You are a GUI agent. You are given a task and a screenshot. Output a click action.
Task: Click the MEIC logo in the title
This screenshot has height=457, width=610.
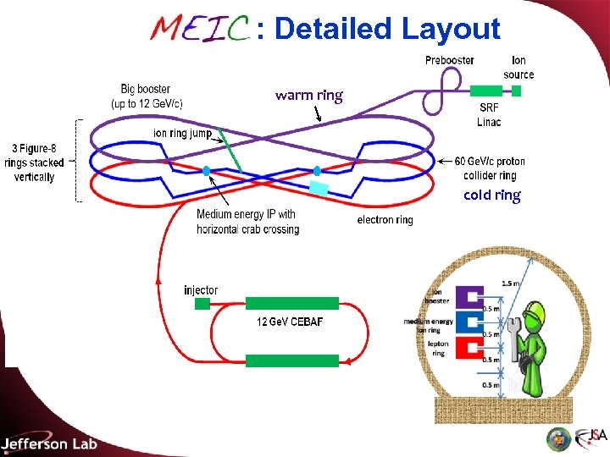coord(199,29)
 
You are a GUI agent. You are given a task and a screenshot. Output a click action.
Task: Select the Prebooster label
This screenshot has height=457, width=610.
coord(449,60)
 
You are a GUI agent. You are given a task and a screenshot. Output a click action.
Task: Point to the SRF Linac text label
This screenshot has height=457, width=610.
coord(489,115)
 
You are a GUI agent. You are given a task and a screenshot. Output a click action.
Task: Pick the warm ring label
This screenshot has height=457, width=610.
coord(308,95)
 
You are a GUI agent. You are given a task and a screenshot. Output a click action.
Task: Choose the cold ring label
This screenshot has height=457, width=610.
coord(491,195)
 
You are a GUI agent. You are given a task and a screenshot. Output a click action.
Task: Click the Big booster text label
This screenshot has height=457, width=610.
coord(146,95)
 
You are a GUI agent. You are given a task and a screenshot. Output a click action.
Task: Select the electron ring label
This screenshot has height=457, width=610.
coord(385,220)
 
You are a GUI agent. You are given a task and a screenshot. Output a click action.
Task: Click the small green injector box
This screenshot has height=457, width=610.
coord(202,304)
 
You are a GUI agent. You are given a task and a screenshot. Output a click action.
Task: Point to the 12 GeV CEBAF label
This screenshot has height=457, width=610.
coord(290,322)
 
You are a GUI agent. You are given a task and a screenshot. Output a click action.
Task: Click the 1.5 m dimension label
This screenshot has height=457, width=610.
coord(511,284)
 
